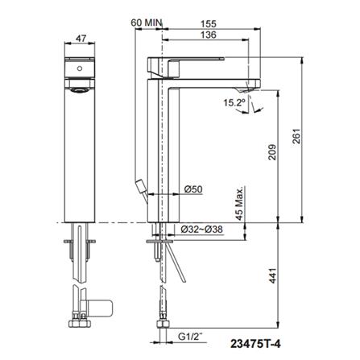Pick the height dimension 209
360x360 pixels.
point(271,152)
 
